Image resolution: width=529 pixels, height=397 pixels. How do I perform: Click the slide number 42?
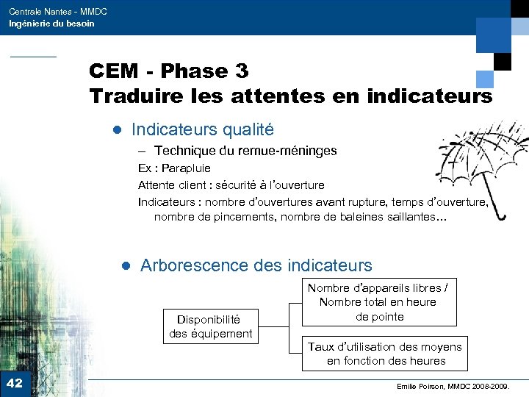(x=14, y=383)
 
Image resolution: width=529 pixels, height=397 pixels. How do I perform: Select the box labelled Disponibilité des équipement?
(x=210, y=326)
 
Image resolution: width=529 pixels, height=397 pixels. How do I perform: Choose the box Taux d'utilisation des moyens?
(x=386, y=354)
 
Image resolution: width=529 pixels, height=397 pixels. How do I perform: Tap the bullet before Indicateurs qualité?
(x=115, y=131)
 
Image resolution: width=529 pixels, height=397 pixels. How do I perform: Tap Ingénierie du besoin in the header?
(x=51, y=24)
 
